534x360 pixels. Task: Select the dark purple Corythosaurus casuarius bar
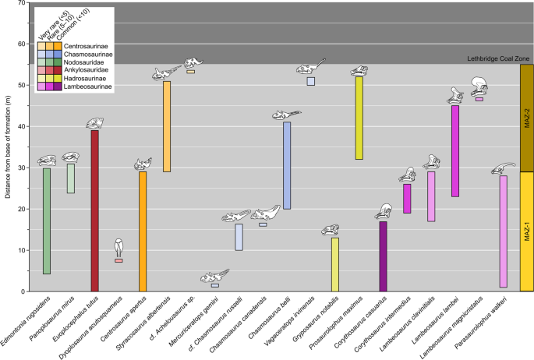383,256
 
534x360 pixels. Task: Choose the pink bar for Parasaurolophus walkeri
504,231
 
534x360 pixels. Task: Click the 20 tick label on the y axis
20,209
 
